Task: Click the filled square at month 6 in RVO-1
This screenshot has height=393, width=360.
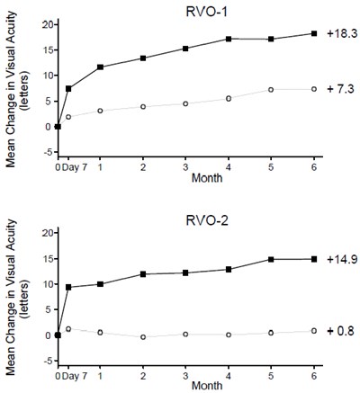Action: tap(314, 33)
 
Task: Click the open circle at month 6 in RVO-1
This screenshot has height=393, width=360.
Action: tap(314, 89)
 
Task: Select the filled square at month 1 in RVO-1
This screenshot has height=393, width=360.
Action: tap(100, 67)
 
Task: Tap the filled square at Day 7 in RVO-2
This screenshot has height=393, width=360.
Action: tap(69, 287)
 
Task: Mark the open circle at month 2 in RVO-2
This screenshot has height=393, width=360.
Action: tap(143, 337)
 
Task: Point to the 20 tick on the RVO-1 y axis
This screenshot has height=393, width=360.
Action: tap(45, 24)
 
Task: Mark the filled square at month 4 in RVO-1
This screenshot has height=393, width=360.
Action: tap(229, 39)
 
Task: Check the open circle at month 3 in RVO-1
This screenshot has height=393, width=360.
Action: tap(185, 103)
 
